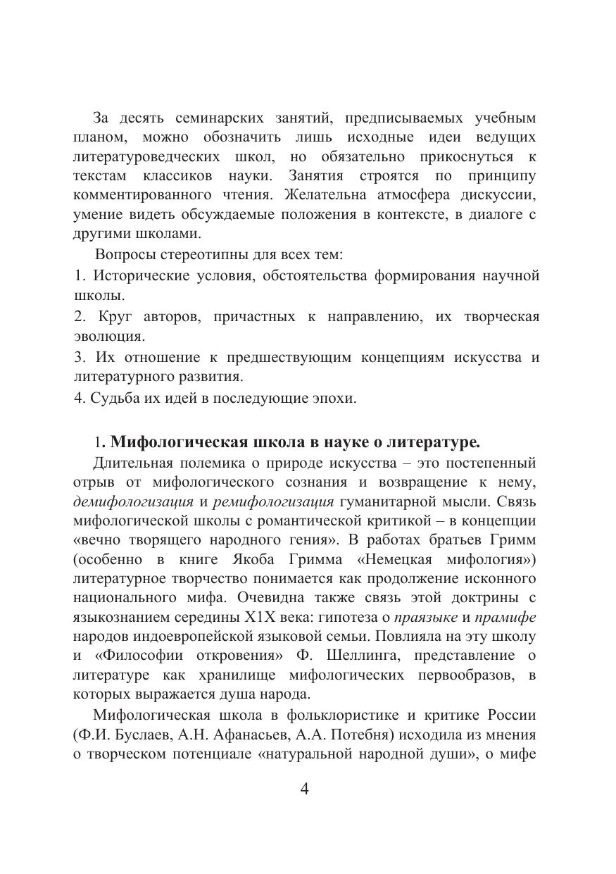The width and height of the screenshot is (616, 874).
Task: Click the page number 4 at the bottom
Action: click(x=305, y=788)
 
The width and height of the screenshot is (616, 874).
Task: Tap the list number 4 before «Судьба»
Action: click(x=77, y=397)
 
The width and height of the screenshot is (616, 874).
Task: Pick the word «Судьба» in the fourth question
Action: click(x=113, y=397)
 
